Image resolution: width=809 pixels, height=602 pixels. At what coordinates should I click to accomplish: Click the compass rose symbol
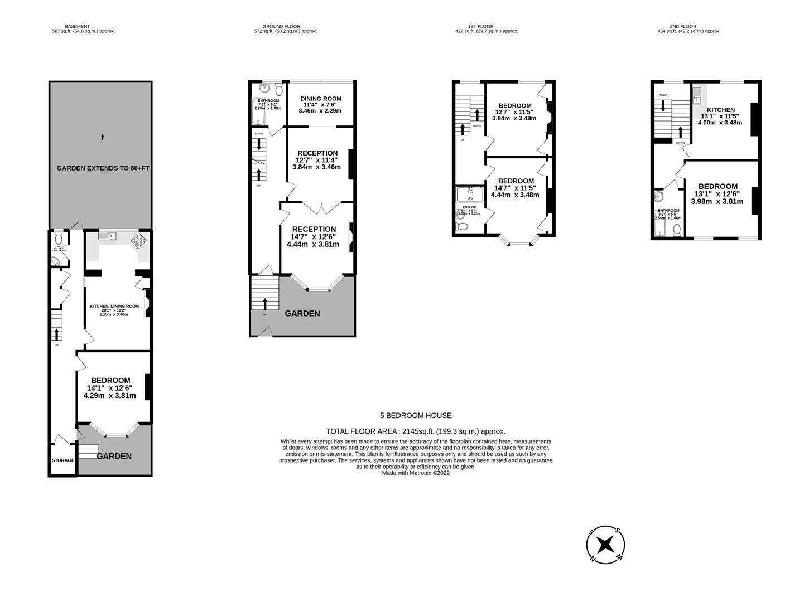(605, 544)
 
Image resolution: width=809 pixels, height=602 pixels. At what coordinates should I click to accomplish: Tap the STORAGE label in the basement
(63, 460)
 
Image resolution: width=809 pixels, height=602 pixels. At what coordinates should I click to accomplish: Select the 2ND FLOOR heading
(683, 26)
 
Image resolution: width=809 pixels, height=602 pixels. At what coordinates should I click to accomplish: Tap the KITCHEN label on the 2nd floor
(721, 110)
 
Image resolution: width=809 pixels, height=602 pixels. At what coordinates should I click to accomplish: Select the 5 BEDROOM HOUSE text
(416, 415)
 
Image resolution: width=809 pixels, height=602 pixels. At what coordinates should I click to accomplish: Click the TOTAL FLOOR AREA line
(416, 431)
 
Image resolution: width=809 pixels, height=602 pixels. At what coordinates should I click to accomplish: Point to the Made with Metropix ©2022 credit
(416, 473)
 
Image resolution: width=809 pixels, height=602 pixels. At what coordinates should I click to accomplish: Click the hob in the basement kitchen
(137, 240)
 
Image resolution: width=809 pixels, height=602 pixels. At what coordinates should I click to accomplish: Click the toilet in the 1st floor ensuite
(462, 227)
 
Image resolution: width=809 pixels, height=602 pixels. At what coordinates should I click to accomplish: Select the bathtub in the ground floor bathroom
(259, 113)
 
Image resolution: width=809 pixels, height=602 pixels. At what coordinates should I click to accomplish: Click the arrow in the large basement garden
(102, 137)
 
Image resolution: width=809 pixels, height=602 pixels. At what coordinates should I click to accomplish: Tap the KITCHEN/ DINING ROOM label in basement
(114, 306)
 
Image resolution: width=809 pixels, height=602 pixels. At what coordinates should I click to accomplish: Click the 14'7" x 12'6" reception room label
(314, 229)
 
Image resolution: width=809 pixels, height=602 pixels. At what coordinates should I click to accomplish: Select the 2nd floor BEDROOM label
(717, 186)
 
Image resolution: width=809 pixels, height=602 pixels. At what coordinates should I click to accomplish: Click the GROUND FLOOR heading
(281, 26)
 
